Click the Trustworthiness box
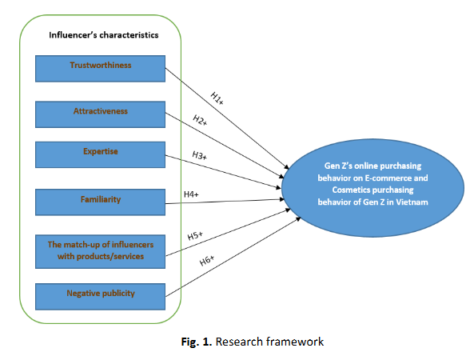[100, 69]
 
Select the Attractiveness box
[100, 114]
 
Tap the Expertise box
[100, 154]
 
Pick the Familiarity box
[100, 202]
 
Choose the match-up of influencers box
[100, 252]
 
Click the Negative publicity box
[100, 297]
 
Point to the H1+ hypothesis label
[217, 98]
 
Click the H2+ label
[200, 121]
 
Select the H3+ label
[200, 155]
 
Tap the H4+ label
[191, 194]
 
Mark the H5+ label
[195, 236]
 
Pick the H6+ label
[207, 261]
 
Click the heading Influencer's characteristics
[104, 35]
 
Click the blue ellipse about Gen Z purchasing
[372, 188]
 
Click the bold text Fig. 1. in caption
[197, 342]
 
